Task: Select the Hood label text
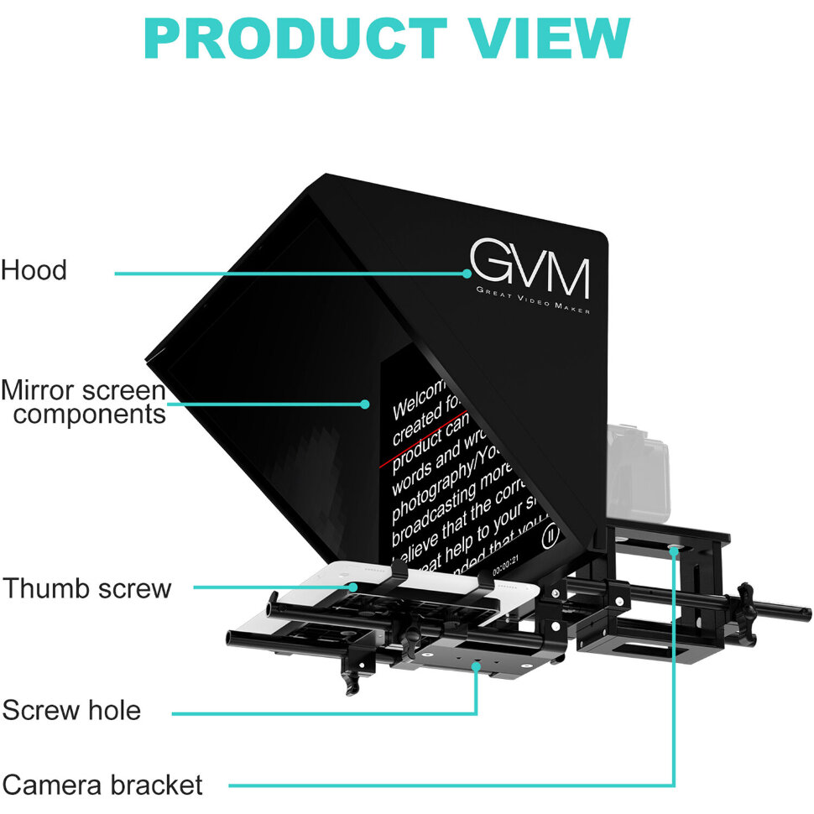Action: click(x=34, y=270)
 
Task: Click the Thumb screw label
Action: click(x=86, y=588)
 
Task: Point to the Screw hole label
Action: click(x=71, y=712)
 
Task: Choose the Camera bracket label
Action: click(x=102, y=785)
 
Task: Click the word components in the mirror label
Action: click(x=90, y=414)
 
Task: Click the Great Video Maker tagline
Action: click(x=532, y=300)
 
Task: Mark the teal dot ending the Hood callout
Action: click(x=467, y=272)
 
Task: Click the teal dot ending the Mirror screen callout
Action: click(x=364, y=404)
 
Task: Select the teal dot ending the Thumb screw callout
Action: click(x=355, y=587)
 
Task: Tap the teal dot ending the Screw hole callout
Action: click(x=477, y=665)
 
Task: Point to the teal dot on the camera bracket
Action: click(x=674, y=550)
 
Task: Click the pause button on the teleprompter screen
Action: click(x=551, y=535)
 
